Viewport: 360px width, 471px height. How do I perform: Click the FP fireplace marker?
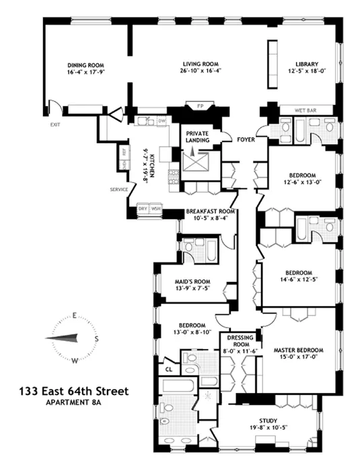[199, 106]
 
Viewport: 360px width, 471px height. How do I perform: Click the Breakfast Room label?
[211, 211]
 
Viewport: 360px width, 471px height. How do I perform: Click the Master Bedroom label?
[299, 351]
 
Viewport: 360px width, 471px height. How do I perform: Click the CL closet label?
[168, 369]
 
